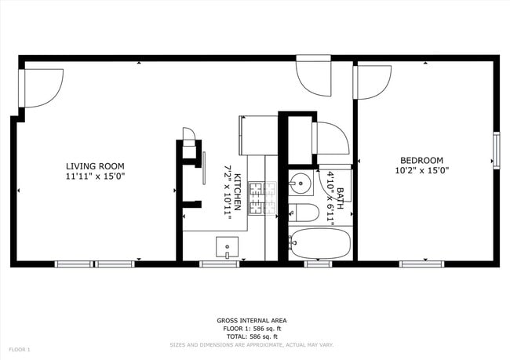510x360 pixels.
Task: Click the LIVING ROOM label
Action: [95, 165]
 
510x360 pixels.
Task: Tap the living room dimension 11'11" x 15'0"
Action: [95, 177]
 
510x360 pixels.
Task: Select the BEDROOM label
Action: [421, 159]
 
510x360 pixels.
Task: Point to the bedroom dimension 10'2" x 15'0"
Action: [421, 170]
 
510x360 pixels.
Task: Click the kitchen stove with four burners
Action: [263, 198]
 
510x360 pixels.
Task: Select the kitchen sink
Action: [228, 247]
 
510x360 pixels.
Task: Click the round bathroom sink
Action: [299, 184]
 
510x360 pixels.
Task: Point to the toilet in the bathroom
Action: [303, 212]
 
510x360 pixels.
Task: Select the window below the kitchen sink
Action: [219, 264]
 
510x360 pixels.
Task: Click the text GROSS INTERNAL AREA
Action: [251, 320]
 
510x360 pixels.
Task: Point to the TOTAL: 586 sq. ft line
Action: [251, 335]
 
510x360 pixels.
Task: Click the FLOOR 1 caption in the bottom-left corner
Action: [19, 348]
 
